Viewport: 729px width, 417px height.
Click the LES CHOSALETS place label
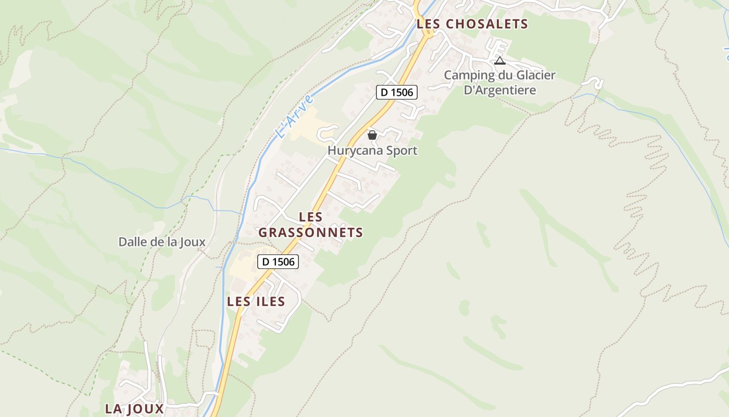pyautogui.click(x=472, y=24)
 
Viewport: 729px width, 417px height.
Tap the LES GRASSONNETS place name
pyautogui.click(x=311, y=225)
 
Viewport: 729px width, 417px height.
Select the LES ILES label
pyautogui.click(x=256, y=301)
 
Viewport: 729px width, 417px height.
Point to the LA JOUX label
pyautogui.click(x=134, y=409)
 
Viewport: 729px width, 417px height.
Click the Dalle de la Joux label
pyautogui.click(x=162, y=242)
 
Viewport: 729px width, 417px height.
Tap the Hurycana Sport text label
pyautogui.click(x=372, y=151)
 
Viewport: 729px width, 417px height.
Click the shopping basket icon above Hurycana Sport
pyautogui.click(x=372, y=135)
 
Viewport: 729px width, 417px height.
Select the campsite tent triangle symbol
pyautogui.click(x=500, y=60)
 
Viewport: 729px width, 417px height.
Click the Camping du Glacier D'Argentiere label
pyautogui.click(x=499, y=82)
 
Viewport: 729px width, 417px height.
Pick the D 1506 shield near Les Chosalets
pyautogui.click(x=397, y=92)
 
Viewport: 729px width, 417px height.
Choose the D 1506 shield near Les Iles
pyautogui.click(x=278, y=262)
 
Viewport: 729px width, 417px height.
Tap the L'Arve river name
pyautogui.click(x=295, y=116)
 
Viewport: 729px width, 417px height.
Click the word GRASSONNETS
pyautogui.click(x=311, y=232)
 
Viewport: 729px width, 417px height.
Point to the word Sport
pyautogui.click(x=400, y=151)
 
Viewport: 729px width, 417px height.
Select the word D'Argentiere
pyautogui.click(x=500, y=90)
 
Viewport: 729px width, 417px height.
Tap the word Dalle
pyautogui.click(x=133, y=242)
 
